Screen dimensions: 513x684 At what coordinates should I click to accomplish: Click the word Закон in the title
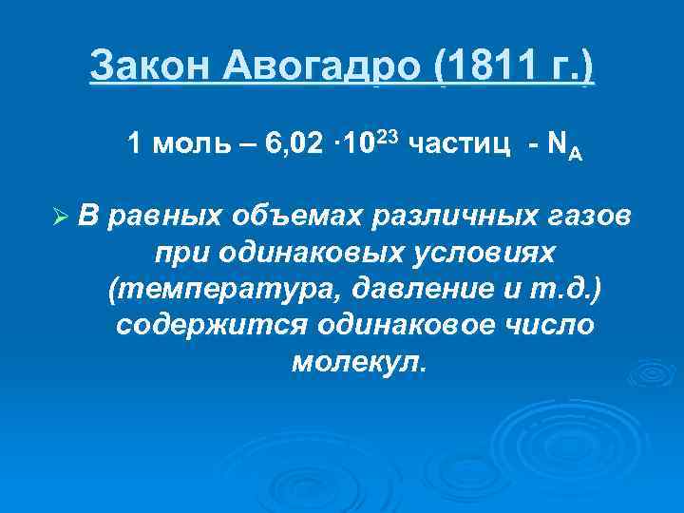[153, 68]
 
